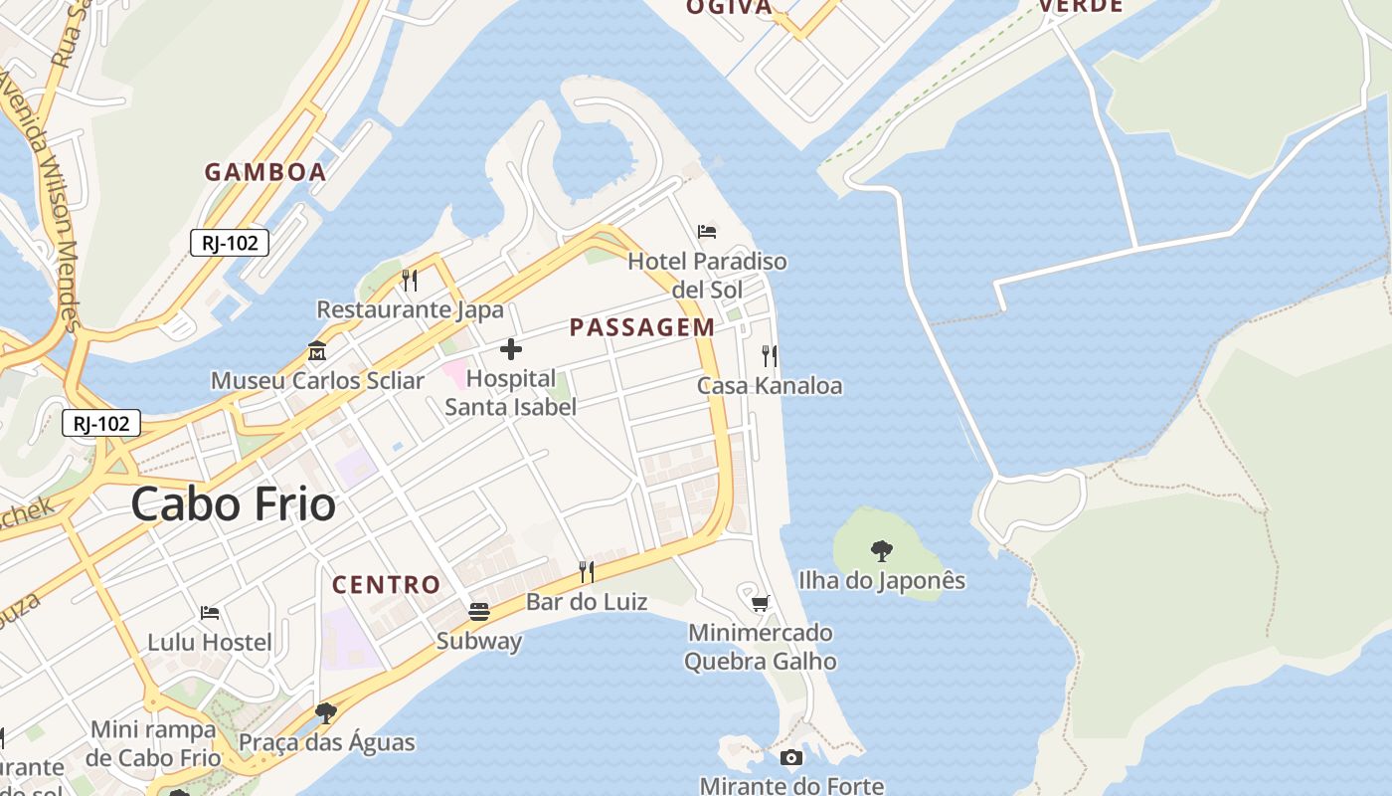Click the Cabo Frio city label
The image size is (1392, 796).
(x=233, y=504)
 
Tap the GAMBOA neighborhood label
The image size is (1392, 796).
(x=265, y=172)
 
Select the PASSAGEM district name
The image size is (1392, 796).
(x=641, y=327)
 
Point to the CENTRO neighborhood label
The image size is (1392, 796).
(x=386, y=585)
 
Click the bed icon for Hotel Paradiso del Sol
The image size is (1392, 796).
(x=707, y=232)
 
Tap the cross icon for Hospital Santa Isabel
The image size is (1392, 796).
(x=510, y=349)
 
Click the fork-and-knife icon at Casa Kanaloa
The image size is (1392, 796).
(x=769, y=355)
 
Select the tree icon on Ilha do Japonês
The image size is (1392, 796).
(x=881, y=550)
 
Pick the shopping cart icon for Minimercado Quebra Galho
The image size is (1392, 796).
(x=761, y=603)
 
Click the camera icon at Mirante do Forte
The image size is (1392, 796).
(x=791, y=758)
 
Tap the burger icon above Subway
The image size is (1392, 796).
(x=479, y=611)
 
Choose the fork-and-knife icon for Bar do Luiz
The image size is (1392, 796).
(x=587, y=571)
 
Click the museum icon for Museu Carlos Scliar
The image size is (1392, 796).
(x=317, y=350)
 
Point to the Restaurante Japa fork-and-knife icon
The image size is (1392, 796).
(x=410, y=280)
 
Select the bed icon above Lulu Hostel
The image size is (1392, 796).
(x=210, y=612)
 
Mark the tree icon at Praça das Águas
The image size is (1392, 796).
(x=325, y=712)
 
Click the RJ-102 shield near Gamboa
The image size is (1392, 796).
(x=230, y=243)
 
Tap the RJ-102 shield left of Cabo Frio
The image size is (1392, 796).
(x=101, y=423)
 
